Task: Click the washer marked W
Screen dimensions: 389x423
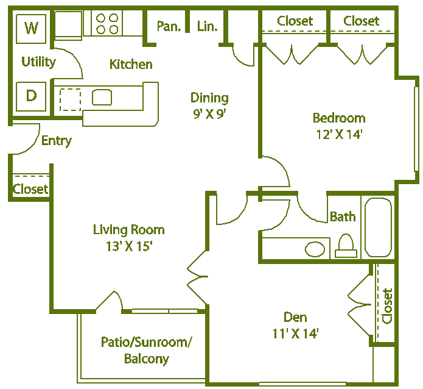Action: click(32, 28)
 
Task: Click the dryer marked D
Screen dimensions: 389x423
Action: click(31, 96)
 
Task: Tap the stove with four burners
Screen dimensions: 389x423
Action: click(108, 24)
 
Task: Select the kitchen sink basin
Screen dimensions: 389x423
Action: click(102, 97)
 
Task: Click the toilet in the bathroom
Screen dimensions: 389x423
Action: click(345, 246)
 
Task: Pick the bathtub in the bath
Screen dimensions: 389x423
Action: click(378, 227)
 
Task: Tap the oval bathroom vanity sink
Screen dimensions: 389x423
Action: click(315, 249)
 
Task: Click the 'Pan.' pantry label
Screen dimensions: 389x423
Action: click(167, 26)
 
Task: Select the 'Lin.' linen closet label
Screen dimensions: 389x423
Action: click(207, 26)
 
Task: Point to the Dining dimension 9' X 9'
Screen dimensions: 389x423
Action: click(209, 113)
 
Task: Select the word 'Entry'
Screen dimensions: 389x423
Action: click(56, 141)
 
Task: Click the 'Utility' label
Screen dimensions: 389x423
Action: click(38, 62)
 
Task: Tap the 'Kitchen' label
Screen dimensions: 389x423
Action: click(131, 64)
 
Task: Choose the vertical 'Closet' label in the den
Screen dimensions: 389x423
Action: click(387, 305)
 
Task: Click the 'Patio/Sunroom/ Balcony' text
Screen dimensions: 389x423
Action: click(146, 351)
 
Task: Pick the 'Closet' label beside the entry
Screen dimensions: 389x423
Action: click(30, 189)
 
